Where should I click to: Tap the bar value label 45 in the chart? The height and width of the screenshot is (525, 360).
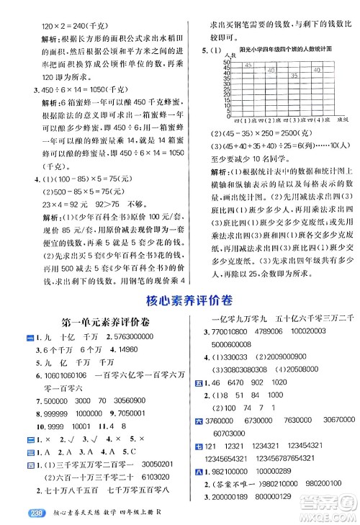[247, 65]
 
